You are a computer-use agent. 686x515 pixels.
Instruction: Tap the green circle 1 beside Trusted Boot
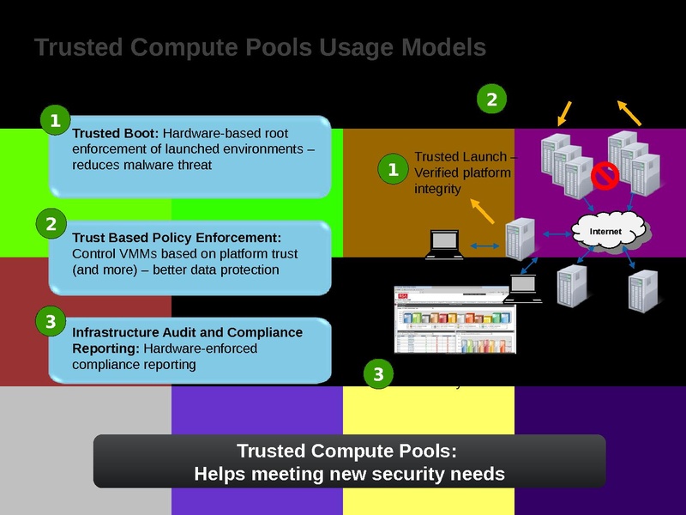click(55, 122)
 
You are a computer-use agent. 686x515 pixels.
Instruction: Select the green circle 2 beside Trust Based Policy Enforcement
click(51, 225)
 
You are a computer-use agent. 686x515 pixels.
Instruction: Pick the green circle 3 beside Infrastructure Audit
click(50, 322)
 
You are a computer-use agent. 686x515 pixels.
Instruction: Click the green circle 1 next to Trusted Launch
click(393, 170)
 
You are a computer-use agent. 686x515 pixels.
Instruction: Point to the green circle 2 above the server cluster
click(491, 100)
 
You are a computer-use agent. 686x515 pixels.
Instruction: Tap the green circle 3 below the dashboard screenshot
click(378, 374)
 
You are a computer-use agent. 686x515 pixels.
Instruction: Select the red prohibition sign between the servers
click(605, 176)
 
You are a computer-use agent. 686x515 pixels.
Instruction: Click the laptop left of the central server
click(445, 245)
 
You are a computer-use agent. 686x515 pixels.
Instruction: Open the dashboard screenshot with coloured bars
click(455, 319)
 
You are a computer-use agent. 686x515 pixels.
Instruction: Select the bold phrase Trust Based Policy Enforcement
click(177, 237)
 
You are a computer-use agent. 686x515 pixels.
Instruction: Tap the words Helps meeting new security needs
click(349, 473)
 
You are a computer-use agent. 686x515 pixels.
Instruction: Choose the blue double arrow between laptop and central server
click(485, 246)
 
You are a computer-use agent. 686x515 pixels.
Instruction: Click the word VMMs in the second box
click(135, 254)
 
